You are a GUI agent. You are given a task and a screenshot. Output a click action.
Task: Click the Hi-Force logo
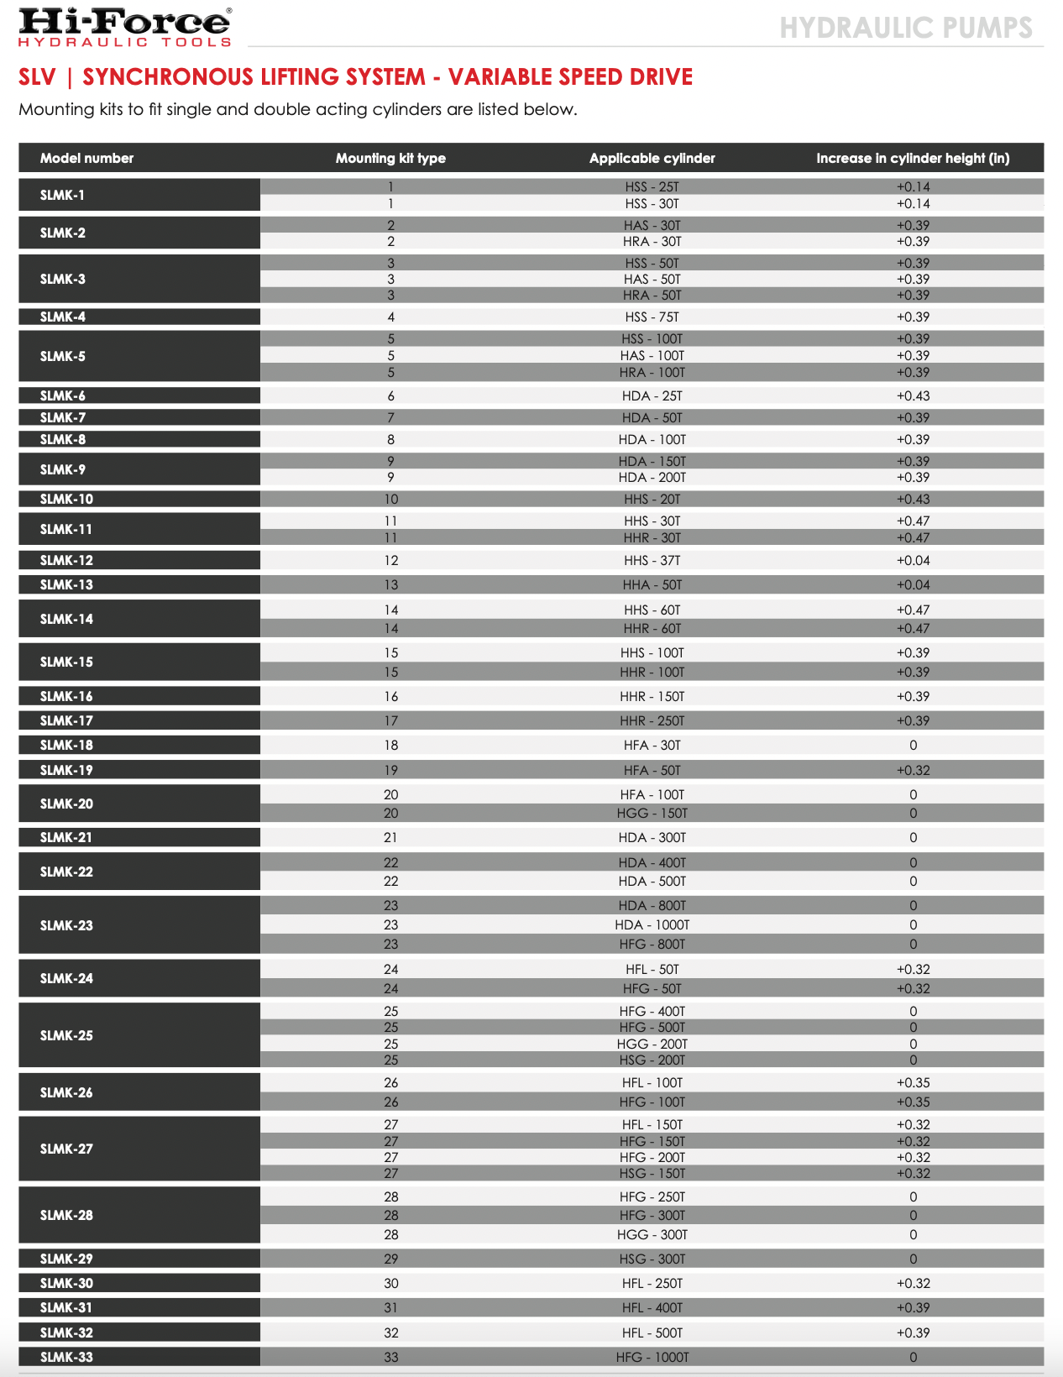tap(125, 27)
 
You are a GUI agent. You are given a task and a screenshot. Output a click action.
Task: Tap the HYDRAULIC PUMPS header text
tap(906, 28)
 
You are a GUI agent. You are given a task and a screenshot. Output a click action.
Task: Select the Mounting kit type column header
tap(390, 158)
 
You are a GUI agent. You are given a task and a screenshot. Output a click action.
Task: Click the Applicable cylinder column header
tap(652, 158)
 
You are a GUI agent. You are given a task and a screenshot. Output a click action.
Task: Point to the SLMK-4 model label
tap(63, 317)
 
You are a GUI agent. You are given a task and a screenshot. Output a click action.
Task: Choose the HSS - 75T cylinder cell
tap(652, 317)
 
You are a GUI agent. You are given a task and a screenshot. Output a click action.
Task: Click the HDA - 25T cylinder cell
tap(652, 395)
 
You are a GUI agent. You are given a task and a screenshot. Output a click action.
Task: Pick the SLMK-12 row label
tap(66, 560)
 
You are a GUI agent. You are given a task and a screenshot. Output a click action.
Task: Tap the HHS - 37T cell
tap(652, 560)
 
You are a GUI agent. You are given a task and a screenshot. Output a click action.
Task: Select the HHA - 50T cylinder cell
tap(652, 584)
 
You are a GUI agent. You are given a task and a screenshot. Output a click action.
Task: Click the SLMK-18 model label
tap(66, 745)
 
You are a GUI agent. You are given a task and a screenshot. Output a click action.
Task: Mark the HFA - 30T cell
tap(652, 745)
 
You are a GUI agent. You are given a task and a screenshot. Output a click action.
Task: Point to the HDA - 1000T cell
tap(652, 924)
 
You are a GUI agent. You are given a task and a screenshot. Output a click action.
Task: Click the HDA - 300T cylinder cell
tap(652, 837)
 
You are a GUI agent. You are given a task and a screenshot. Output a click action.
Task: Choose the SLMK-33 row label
tap(66, 1357)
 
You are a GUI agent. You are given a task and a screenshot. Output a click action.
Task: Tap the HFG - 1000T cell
tap(652, 1357)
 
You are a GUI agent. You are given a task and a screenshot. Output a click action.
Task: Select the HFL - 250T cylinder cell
tap(652, 1283)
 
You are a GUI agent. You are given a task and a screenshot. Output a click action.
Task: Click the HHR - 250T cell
tap(652, 720)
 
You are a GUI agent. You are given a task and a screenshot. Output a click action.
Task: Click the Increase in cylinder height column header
tap(913, 158)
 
